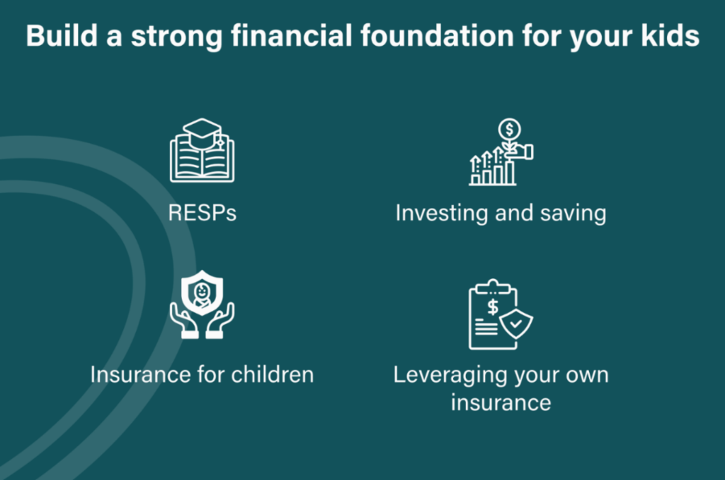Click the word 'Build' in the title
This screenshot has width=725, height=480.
61,35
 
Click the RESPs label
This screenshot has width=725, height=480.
202,213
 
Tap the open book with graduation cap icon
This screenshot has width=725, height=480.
202,150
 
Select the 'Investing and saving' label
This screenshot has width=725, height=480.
500,213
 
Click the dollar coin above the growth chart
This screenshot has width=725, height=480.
509,129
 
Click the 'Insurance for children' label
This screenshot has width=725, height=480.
202,374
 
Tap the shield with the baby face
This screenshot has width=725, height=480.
202,293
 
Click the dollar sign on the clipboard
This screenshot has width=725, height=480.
493,307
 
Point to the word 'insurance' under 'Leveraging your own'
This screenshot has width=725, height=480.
500,402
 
